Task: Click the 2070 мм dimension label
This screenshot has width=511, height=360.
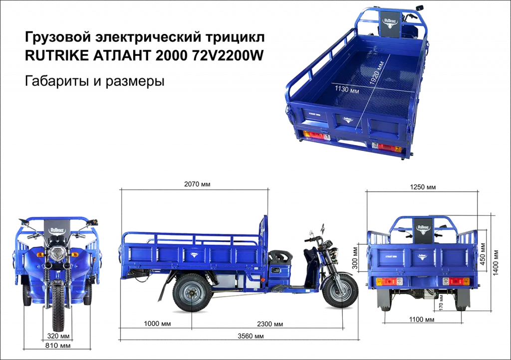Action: pyautogui.click(x=197, y=184)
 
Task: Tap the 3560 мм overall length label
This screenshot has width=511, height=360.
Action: pyautogui.click(x=251, y=336)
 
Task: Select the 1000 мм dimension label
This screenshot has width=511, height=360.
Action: pyautogui.click(x=157, y=324)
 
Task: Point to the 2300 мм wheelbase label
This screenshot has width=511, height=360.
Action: pyautogui.click(x=270, y=324)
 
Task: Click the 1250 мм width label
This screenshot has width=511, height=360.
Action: pyautogui.click(x=423, y=187)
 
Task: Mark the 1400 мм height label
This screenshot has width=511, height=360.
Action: pyautogui.click(x=496, y=263)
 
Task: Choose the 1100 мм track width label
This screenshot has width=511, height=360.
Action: pyautogui.click(x=422, y=320)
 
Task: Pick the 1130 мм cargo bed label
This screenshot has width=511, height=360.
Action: pyautogui.click(x=347, y=89)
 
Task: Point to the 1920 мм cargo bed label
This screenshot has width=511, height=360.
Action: pyautogui.click(x=377, y=73)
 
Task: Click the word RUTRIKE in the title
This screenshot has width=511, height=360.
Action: pyautogui.click(x=56, y=56)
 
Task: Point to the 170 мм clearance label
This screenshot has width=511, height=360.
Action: pyautogui.click(x=441, y=302)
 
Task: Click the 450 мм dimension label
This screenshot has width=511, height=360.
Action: pyautogui.click(x=483, y=253)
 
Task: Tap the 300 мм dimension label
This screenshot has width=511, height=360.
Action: pyautogui.click(x=355, y=257)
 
